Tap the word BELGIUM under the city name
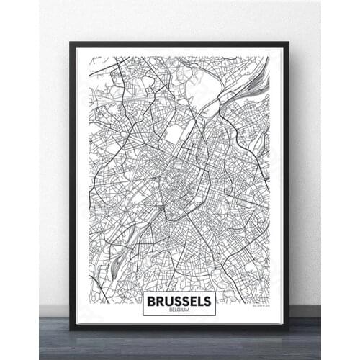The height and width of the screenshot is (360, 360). (x=179, y=309)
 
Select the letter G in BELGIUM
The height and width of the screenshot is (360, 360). (x=180, y=309)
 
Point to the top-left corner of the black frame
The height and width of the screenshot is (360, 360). (x=71, y=42)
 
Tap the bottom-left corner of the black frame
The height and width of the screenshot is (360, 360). (x=71, y=330)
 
